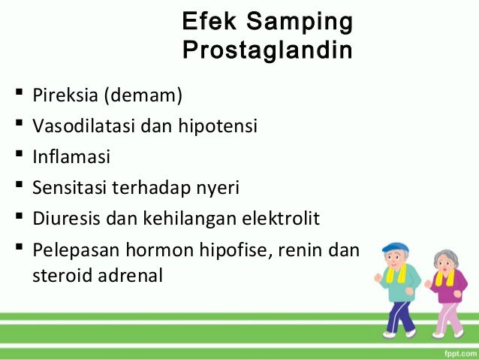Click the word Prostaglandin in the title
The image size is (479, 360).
(x=267, y=52)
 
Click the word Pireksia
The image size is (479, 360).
(x=65, y=96)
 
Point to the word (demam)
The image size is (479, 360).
(x=143, y=96)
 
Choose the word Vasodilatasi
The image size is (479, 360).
(x=83, y=126)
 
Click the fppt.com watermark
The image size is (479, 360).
(x=453, y=349)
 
